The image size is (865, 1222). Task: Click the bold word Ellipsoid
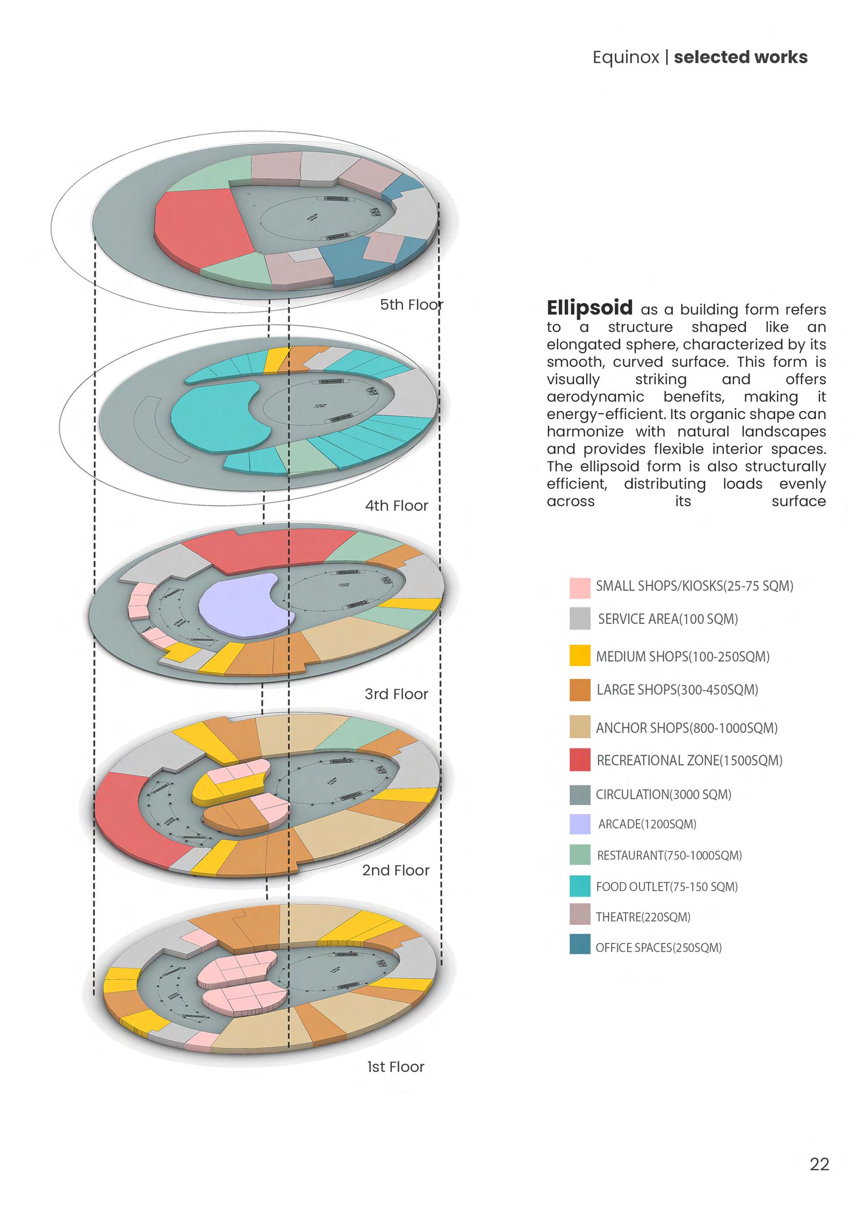(x=589, y=308)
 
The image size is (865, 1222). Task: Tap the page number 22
(x=819, y=1165)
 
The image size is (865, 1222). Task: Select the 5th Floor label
(x=411, y=304)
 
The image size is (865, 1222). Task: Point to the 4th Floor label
(x=396, y=505)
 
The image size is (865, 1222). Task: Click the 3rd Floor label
(x=396, y=694)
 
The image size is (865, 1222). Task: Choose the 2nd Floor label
(x=396, y=870)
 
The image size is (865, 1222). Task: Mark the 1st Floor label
(x=396, y=1067)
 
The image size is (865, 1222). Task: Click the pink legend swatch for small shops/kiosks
(x=579, y=587)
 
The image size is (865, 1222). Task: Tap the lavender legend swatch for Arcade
(x=579, y=824)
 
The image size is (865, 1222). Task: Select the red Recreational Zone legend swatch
(x=579, y=760)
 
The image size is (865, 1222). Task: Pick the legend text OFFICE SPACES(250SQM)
(x=658, y=948)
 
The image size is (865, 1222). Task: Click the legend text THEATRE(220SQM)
(x=643, y=917)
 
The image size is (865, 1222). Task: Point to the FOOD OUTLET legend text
(x=667, y=886)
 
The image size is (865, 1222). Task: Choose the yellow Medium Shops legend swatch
(x=579, y=656)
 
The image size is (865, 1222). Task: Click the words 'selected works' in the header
(x=740, y=57)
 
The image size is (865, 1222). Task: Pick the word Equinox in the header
(x=626, y=57)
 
